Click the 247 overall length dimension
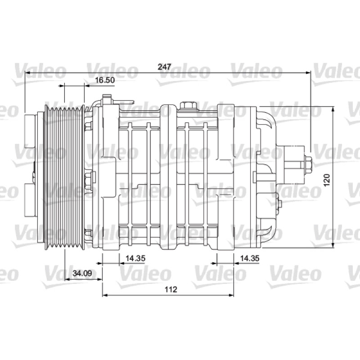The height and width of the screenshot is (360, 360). [164, 67]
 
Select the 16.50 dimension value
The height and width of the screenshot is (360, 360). [105, 80]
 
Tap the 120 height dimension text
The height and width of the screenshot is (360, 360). [327, 180]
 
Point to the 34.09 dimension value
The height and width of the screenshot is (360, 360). [82, 273]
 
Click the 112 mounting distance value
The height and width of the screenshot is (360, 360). [171, 289]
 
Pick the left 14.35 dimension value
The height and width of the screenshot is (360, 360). [135, 258]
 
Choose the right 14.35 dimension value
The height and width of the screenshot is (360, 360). [250, 258]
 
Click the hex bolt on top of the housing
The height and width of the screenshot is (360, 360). [188, 106]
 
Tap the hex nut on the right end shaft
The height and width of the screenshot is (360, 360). [308, 165]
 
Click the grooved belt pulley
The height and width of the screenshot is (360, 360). [64, 177]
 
